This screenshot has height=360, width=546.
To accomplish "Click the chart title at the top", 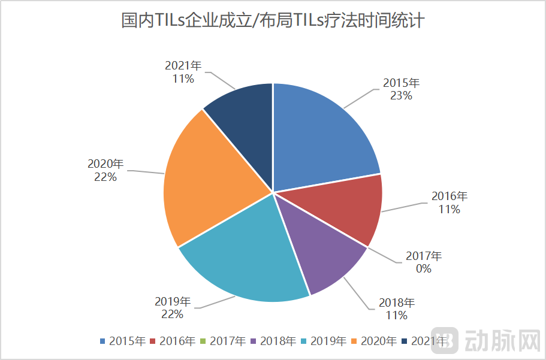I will pos(273,21).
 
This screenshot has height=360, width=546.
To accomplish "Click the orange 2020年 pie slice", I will pos(204,186).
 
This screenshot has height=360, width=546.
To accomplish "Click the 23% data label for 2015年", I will pos(401,89).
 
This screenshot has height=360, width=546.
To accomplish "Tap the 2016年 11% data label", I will pos(449,202).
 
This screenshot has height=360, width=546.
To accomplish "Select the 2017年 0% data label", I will pos(424,262).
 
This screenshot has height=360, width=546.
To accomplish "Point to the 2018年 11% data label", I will pos(396,309).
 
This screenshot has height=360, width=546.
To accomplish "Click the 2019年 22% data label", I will pos(173,307).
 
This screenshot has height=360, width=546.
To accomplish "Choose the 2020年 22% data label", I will pos(105,170).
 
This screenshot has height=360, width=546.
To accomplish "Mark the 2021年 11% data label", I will pos(183,72).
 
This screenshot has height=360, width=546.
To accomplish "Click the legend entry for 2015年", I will pos(123,341).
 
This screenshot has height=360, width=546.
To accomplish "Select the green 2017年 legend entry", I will pos(223,341).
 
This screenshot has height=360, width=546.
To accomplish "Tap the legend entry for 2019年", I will pos(324,341).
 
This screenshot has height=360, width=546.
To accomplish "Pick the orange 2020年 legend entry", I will pos(374,341).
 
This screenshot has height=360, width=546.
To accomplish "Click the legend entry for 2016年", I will pos(173,341).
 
